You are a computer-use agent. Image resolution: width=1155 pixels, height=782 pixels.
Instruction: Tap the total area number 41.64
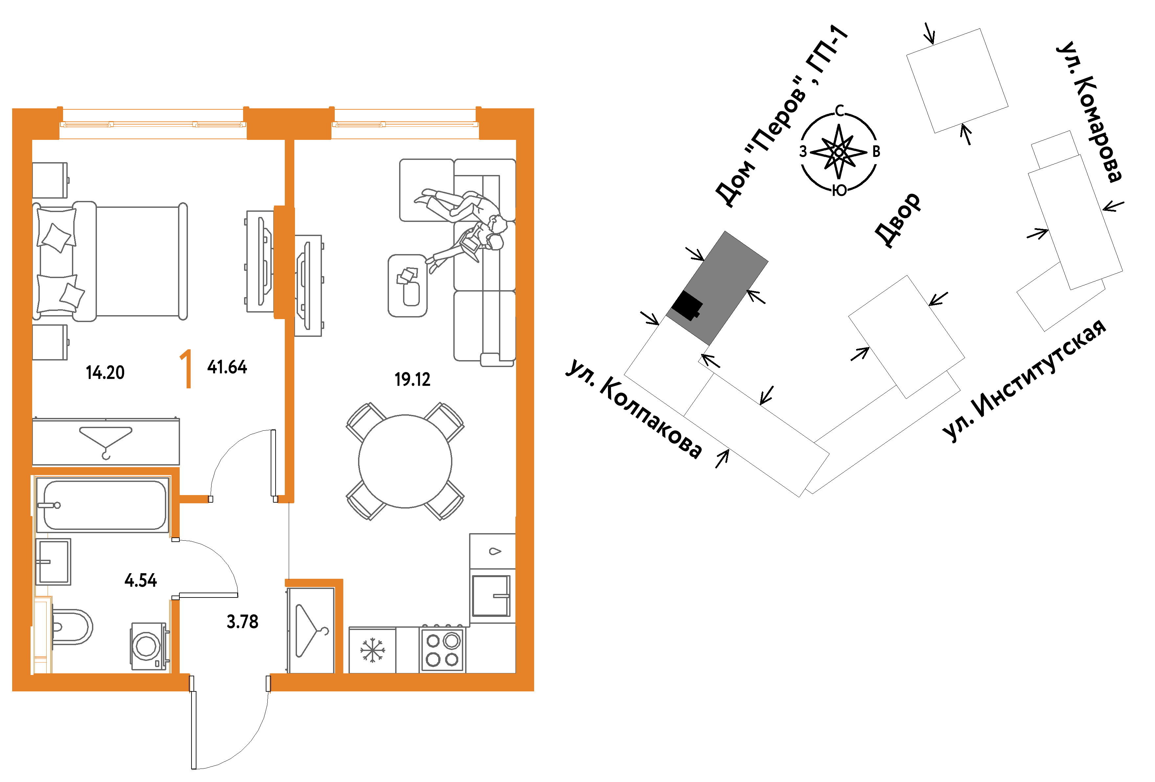point(227,367)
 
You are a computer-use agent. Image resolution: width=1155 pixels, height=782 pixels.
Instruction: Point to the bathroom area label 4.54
point(141,580)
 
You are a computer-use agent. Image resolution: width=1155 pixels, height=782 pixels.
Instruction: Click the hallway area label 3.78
point(242,621)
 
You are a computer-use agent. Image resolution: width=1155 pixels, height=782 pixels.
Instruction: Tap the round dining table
point(405,461)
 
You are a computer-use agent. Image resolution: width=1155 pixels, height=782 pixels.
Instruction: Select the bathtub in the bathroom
point(102,505)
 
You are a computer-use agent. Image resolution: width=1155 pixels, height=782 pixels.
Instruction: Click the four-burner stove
point(442,649)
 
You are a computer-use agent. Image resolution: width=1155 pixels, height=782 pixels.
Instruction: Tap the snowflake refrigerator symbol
point(372,650)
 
